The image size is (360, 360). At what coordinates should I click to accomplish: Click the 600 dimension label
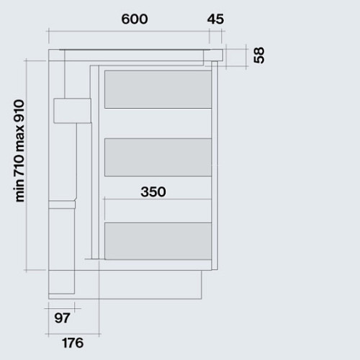coord(135,19)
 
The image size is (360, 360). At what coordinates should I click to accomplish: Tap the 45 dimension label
coord(215,19)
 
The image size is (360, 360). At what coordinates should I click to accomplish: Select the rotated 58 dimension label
coord(259,55)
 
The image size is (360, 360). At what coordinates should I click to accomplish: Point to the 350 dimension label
coord(153,192)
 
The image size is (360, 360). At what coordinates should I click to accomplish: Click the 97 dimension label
coord(62,318)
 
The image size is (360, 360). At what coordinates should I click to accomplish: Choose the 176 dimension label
coord(73,343)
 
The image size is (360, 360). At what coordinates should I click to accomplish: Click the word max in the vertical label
coord(19,139)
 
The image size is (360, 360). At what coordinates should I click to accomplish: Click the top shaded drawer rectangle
coord(158,89)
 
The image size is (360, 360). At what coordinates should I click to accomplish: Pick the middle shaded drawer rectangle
coord(158,157)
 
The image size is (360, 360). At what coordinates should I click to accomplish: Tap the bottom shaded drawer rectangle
coord(158,241)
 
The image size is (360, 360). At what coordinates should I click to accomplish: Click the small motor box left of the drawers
coord(72,111)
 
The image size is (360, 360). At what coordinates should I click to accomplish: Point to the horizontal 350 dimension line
coord(158,199)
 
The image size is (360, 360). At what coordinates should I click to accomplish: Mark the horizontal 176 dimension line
coord(73,334)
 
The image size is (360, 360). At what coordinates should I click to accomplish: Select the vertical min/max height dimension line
coord(27,166)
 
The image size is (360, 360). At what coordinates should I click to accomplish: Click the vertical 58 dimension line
coord(246,57)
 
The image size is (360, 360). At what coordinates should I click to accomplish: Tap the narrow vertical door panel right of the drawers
coord(215,166)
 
